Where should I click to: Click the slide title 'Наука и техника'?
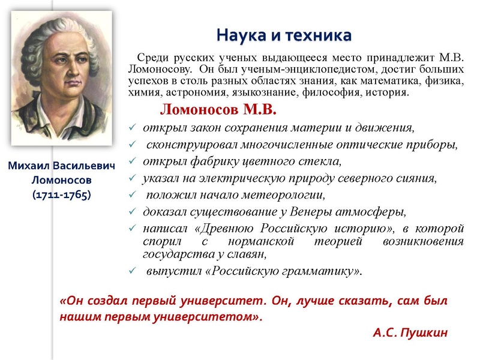coord(283,34)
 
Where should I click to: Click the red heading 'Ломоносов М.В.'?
coord(218,110)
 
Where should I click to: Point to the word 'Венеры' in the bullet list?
coord(312,212)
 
